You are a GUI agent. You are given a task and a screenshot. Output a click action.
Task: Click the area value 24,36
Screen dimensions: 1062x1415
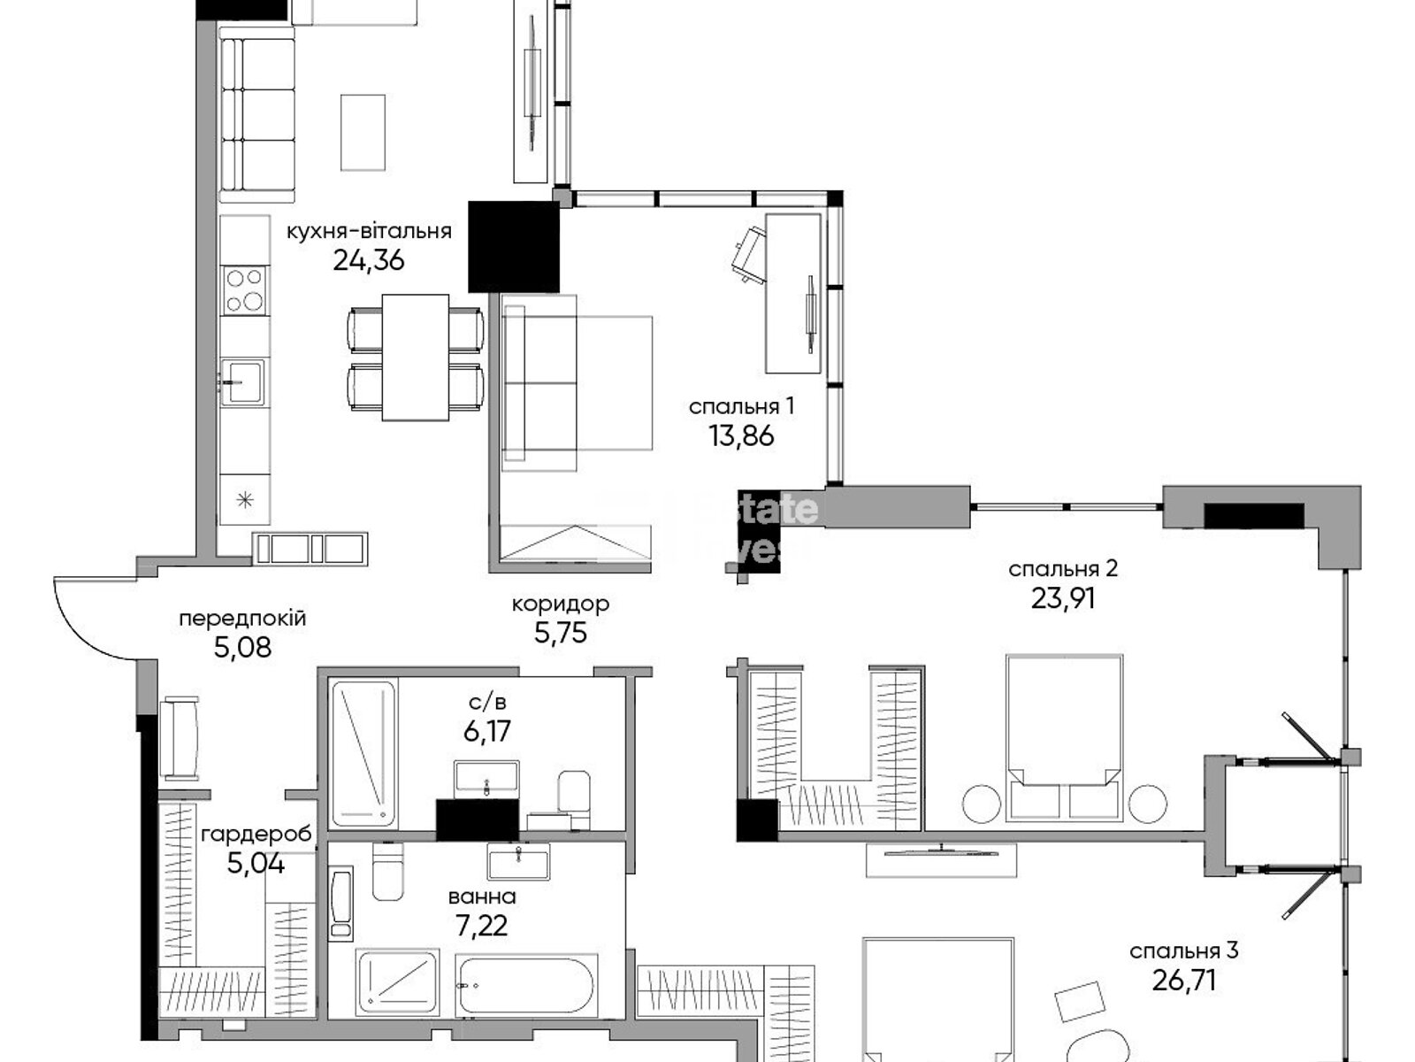pyautogui.click(x=368, y=260)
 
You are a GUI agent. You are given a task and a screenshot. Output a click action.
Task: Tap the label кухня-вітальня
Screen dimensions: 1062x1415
pyautogui.click(x=368, y=232)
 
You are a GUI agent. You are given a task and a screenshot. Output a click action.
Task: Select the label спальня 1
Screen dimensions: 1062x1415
pyautogui.click(x=741, y=406)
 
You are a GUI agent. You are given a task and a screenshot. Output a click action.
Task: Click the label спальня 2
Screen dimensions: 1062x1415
pyautogui.click(x=1063, y=568)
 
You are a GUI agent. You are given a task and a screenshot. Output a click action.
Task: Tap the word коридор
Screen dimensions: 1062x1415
pyautogui.click(x=561, y=604)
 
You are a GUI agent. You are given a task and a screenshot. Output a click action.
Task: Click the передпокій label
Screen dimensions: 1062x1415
pyautogui.click(x=242, y=619)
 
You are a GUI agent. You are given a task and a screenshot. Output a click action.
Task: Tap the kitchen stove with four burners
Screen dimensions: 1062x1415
pyautogui.click(x=245, y=290)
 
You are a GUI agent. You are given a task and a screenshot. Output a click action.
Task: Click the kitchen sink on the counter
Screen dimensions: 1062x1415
pyautogui.click(x=241, y=381)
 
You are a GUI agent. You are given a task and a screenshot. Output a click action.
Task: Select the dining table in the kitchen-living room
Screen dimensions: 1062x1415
pyautogui.click(x=416, y=357)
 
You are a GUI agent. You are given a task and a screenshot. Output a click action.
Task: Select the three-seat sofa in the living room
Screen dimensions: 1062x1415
pyautogui.click(x=256, y=114)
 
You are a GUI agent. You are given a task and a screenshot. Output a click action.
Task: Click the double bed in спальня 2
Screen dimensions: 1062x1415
pyautogui.click(x=1065, y=735)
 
